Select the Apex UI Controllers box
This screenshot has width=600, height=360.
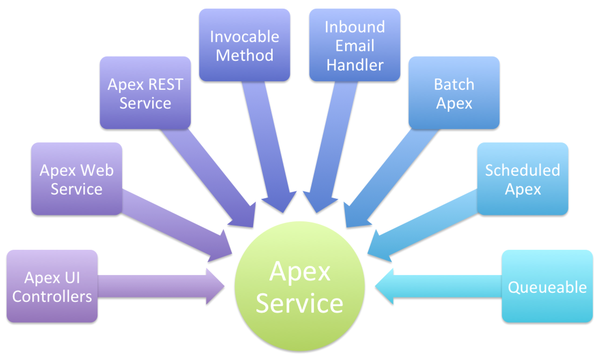(x=52, y=286)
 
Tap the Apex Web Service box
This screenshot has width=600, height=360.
(x=77, y=179)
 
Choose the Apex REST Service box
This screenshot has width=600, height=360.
(x=145, y=93)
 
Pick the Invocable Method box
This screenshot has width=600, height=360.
(x=245, y=45)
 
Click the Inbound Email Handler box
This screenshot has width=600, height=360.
(x=355, y=45)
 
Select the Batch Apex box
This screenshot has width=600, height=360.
(x=454, y=93)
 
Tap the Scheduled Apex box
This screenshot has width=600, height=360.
(x=523, y=179)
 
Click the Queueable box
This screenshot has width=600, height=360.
(x=547, y=286)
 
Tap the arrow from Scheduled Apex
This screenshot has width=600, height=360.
(x=425, y=226)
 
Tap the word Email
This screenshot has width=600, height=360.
(x=355, y=46)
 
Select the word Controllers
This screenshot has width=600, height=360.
(x=52, y=296)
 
